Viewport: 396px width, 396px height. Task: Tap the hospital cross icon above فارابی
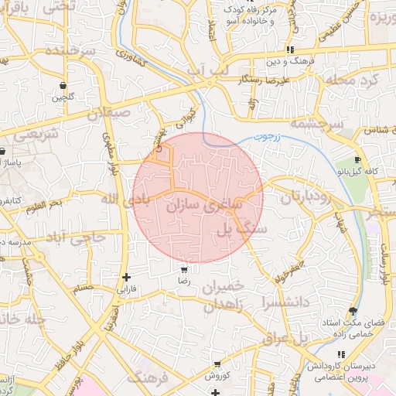(126, 277)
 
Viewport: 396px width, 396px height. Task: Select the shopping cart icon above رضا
(184, 271)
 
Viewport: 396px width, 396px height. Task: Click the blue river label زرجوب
(264, 136)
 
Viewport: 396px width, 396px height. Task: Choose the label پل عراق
(291, 339)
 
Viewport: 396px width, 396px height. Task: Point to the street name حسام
(82, 288)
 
